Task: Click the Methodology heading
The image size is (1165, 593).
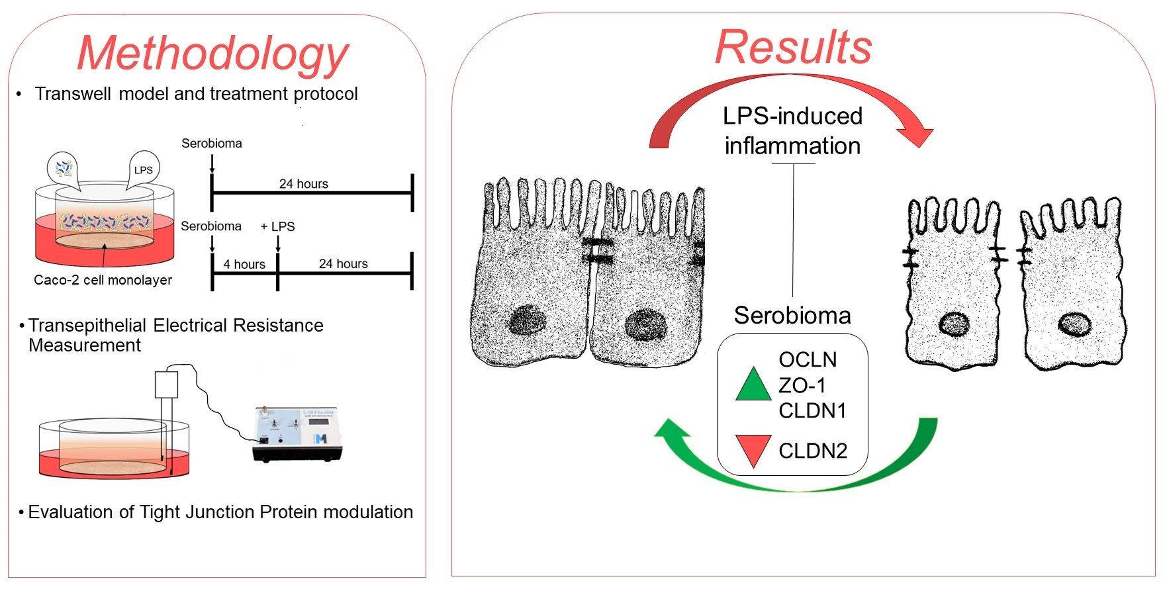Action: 213,53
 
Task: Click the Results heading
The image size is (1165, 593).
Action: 793,47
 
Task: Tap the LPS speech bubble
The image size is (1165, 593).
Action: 143,169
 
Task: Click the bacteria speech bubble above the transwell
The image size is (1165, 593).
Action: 64,168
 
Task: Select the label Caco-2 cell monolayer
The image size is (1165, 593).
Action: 103,280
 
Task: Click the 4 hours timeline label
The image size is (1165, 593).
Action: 244,264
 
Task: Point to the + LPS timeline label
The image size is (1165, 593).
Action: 277,226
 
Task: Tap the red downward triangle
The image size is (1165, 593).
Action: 753,448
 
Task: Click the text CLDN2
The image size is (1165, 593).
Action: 813,451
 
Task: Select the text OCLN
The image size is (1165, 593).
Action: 808,359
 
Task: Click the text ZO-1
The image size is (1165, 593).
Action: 802,385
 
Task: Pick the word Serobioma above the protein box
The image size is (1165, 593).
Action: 792,315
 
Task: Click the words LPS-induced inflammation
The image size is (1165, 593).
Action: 792,130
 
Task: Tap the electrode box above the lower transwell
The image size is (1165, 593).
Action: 166,385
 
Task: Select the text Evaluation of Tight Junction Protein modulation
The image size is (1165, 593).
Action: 220,512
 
